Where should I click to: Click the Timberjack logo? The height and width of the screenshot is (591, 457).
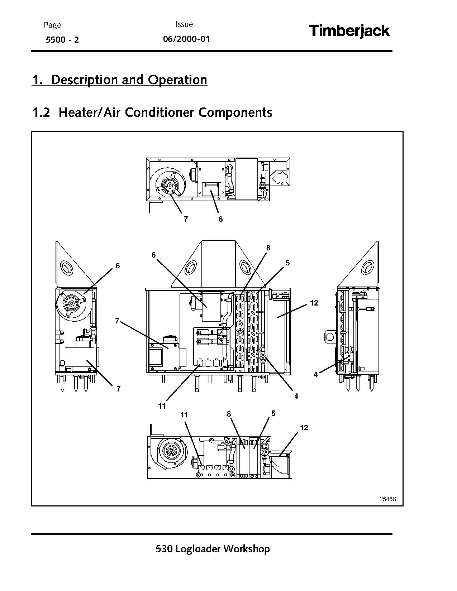(x=349, y=31)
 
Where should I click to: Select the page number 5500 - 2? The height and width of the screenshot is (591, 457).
(x=62, y=40)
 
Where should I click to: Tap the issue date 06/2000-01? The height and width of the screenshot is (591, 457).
(x=186, y=39)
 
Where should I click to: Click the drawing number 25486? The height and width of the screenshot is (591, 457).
(x=387, y=499)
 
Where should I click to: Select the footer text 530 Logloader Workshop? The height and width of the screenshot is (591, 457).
(x=213, y=549)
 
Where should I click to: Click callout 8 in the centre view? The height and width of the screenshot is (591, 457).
(x=268, y=248)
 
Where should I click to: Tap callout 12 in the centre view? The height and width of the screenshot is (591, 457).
(x=314, y=303)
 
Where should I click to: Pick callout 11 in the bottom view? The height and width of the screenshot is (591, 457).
(x=184, y=415)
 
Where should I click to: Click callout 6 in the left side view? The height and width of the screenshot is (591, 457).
(x=118, y=266)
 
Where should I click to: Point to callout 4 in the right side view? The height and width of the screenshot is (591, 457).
(x=315, y=375)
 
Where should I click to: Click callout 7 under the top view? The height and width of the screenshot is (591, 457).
(x=186, y=219)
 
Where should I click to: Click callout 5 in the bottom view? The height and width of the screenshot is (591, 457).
(x=273, y=413)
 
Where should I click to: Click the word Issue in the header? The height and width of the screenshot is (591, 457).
(x=184, y=24)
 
